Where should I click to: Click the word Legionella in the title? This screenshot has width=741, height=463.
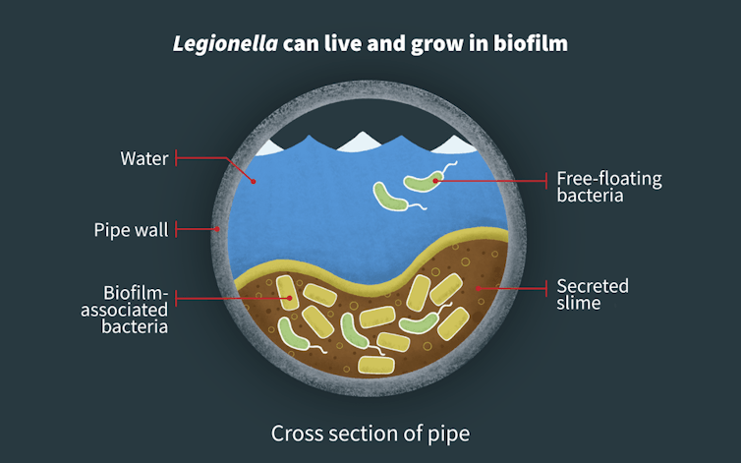[x=211, y=44]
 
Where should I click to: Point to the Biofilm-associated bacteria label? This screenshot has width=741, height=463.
[x=135, y=310]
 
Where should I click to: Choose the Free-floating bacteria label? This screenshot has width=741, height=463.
[x=609, y=187]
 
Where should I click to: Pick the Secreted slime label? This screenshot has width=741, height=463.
[x=593, y=295]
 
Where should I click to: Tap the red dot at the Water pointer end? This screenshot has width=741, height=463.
[x=254, y=182]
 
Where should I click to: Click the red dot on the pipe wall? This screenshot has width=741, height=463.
[x=217, y=230]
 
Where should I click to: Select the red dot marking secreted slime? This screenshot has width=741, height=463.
[x=479, y=287]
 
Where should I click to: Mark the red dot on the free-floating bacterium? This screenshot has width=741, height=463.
[x=434, y=179]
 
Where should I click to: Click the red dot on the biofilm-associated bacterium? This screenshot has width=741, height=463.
[x=288, y=296]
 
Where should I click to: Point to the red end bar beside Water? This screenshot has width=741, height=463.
[x=177, y=157]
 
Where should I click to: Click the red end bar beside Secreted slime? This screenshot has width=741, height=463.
[x=546, y=287]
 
